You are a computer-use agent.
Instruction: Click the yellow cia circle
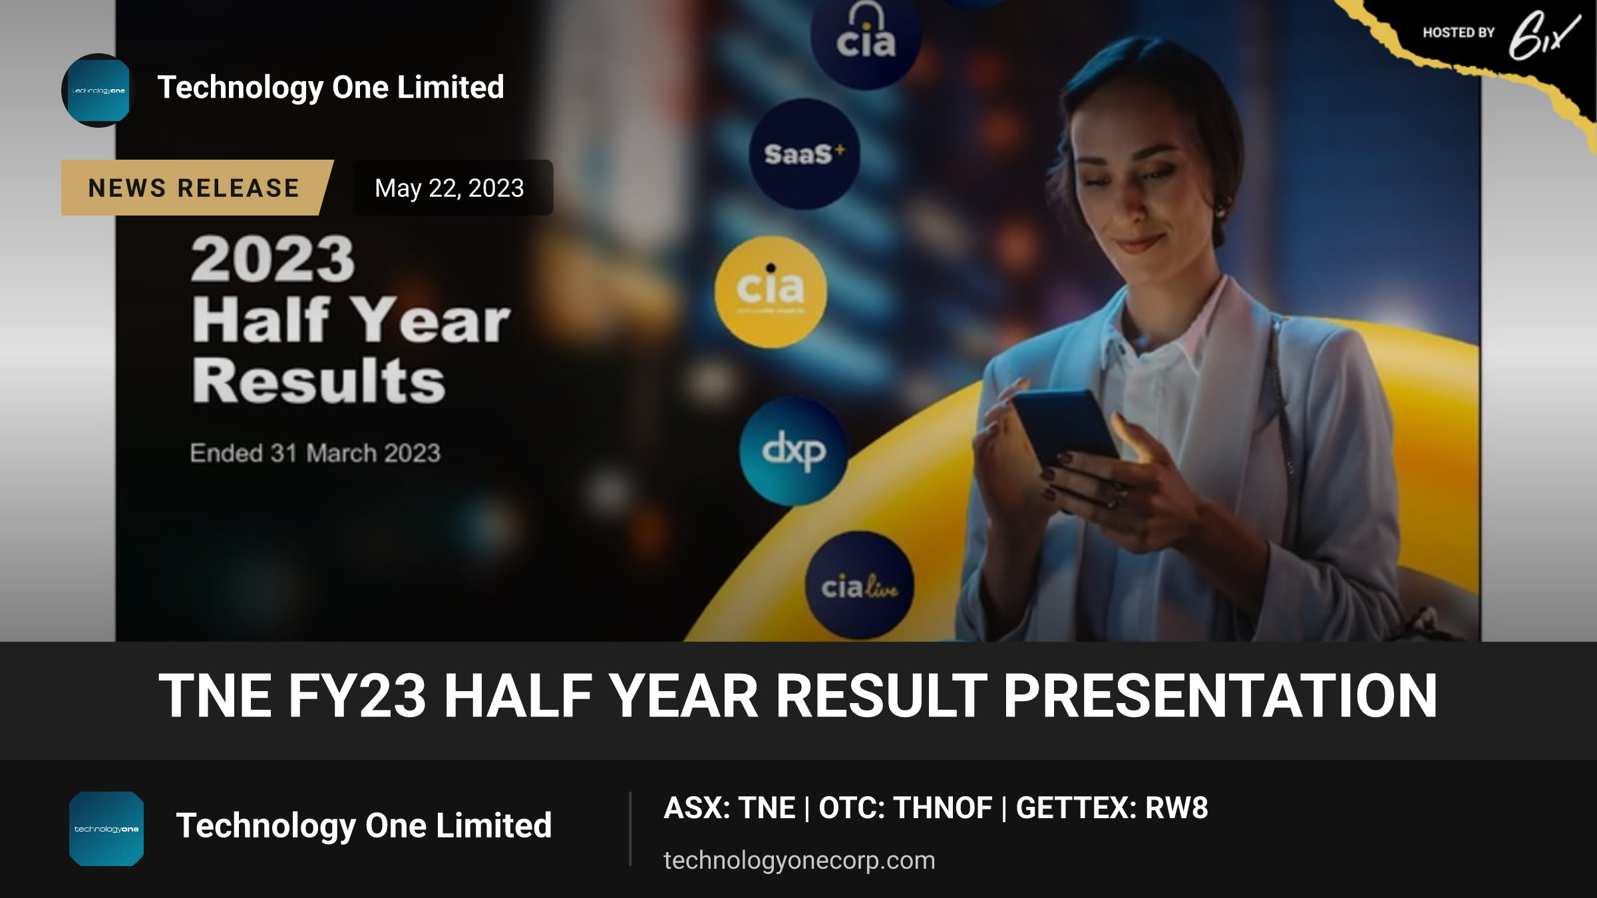tap(771, 292)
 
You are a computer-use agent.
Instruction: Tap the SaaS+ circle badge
tap(804, 154)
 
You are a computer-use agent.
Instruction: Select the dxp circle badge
tap(793, 452)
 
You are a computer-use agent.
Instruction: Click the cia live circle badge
tap(859, 585)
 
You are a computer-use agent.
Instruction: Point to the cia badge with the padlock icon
tap(866, 37)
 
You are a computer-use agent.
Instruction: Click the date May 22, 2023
tap(449, 188)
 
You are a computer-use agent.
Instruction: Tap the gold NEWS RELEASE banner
tap(197, 188)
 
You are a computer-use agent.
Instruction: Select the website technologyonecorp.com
tap(799, 860)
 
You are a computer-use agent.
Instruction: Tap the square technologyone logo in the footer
tap(106, 829)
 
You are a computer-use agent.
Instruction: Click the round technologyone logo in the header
tap(98, 90)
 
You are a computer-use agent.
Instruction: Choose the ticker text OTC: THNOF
tap(906, 808)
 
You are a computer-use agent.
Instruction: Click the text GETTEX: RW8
tap(1112, 808)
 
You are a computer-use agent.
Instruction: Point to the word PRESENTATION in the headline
tap(1220, 696)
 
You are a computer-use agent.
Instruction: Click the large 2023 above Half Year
tap(273, 259)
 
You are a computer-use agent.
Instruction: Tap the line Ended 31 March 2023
tap(315, 453)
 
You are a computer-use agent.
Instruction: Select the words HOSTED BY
tap(1459, 33)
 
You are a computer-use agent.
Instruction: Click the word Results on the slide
tap(319, 380)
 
